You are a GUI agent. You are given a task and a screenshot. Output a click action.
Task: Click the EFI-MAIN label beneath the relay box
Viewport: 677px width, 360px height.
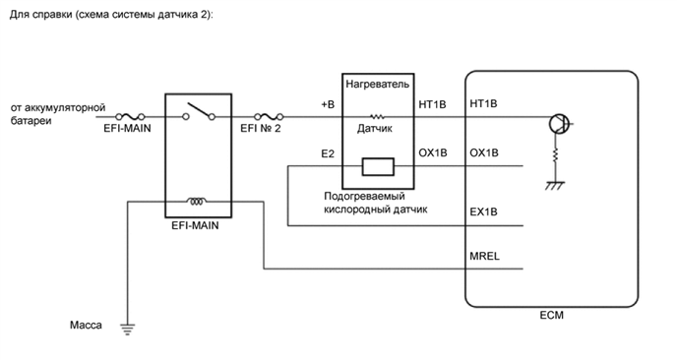coord(195,225)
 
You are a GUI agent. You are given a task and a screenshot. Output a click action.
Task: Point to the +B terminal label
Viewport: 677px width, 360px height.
coord(327,103)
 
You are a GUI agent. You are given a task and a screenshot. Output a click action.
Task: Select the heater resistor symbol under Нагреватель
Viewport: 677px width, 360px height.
coord(375,115)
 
